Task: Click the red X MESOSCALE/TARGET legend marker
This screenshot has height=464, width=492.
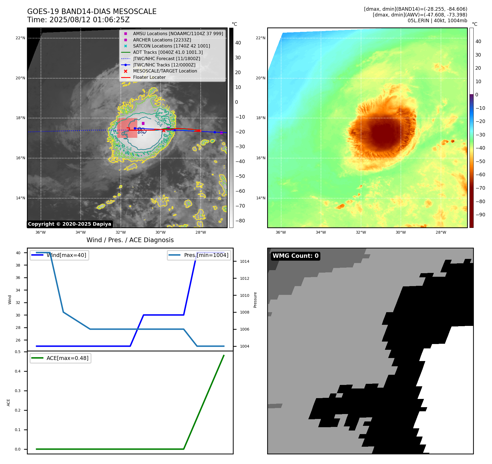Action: click(x=125, y=71)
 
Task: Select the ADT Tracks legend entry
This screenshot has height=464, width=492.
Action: click(x=168, y=52)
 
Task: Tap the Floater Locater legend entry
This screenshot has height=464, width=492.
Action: click(x=149, y=77)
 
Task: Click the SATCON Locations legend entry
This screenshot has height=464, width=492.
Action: click(x=171, y=46)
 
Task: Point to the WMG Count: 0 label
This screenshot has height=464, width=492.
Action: click(x=295, y=256)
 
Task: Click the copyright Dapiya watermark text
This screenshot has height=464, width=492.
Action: click(x=69, y=224)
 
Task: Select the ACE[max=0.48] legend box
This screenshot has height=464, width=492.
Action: click(x=60, y=358)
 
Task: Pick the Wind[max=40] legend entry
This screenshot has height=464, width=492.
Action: click(x=59, y=255)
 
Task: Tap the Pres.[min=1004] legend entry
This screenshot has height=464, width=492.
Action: click(x=199, y=255)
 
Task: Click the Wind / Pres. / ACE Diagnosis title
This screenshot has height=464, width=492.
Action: click(x=130, y=240)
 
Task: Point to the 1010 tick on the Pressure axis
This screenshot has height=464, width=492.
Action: click(x=244, y=295)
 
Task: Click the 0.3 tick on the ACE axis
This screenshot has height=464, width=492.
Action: click(x=18, y=391)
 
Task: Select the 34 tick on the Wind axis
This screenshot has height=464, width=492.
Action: click(x=18, y=290)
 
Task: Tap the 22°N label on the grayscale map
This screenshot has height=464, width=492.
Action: click(x=20, y=38)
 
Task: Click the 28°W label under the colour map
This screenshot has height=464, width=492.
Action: click(x=441, y=232)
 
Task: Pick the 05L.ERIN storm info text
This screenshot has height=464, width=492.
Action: click(x=437, y=21)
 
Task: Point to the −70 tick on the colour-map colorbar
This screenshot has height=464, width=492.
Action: click(x=480, y=188)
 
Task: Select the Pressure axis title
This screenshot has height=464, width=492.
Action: click(x=255, y=300)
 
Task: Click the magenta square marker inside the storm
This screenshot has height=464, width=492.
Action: click(x=143, y=123)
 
